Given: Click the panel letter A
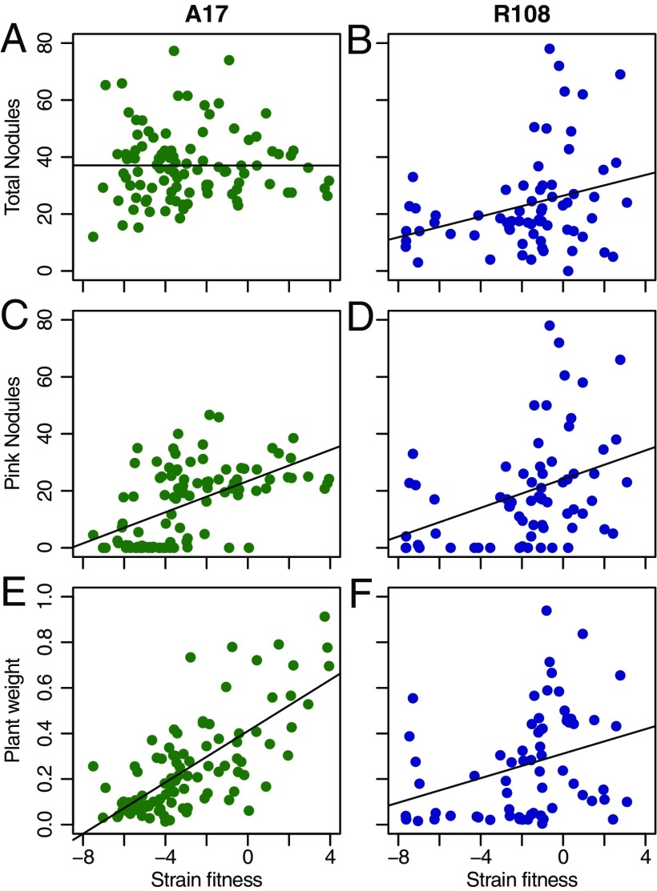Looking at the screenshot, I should pos(22,39).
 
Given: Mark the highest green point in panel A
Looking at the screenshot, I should pos(174,51).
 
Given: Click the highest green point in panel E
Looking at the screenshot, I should pos(324,616).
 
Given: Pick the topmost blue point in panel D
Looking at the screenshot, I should pos(550,326).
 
